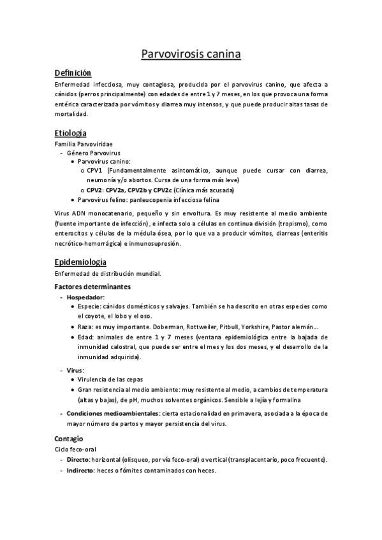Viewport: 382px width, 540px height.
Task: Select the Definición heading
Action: tap(73, 73)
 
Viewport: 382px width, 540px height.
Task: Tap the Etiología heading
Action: tap(71, 133)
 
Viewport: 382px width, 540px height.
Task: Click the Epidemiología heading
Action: tap(80, 262)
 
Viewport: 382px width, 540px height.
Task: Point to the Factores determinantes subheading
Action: tap(92, 287)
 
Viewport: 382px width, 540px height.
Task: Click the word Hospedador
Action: tap(86, 297)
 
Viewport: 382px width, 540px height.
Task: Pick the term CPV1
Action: tap(96, 171)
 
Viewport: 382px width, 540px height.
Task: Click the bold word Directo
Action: tap(78, 460)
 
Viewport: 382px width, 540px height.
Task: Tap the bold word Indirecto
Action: tap(80, 471)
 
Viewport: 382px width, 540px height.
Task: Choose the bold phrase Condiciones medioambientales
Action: tap(112, 413)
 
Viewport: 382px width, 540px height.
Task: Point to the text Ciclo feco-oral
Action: tap(74, 450)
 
